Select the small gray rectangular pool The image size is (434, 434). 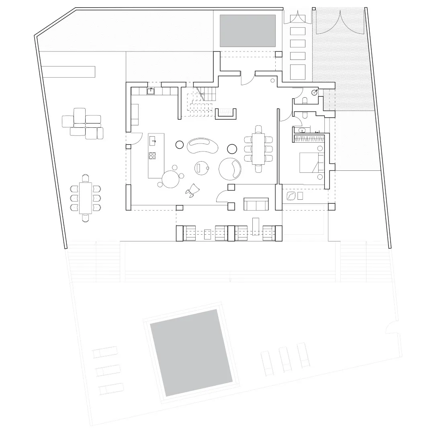[248, 31]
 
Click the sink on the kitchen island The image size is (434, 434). [153, 141]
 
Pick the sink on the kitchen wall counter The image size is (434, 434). [151, 91]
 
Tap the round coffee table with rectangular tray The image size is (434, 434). [201, 168]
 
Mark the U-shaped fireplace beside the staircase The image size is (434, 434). [225, 114]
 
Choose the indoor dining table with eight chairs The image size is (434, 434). [258, 149]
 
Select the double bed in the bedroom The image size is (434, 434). [311, 162]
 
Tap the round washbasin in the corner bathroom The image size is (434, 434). [315, 92]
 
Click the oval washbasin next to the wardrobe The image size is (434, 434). [301, 130]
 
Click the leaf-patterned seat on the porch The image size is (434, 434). [291, 196]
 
